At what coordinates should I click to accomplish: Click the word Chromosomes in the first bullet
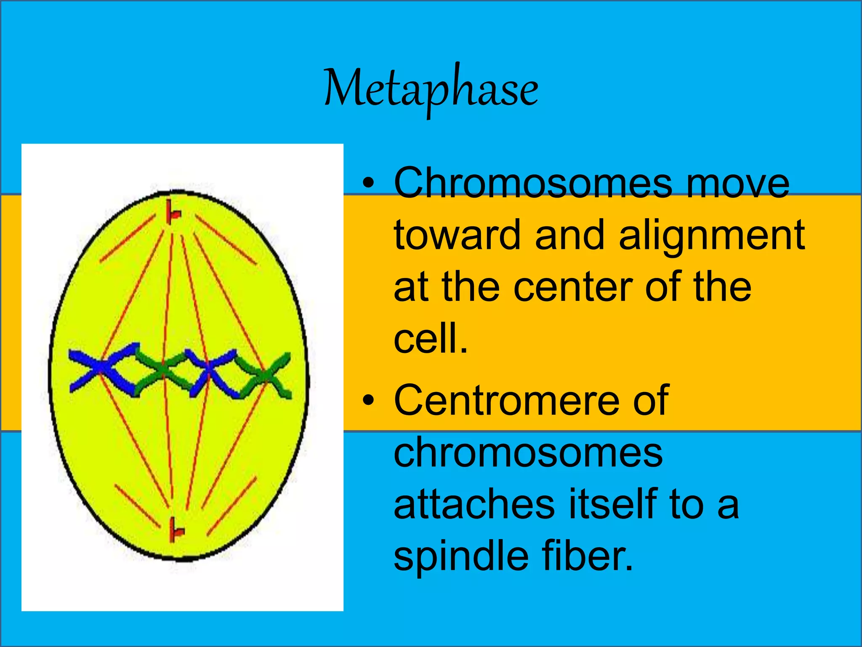coord(533,183)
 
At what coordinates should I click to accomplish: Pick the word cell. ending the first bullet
coord(430,339)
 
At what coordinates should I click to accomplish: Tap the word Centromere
coord(509,400)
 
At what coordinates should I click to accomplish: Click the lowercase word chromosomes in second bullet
coord(528,453)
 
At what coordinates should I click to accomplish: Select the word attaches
coord(474,504)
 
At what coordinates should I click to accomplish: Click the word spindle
coord(460,557)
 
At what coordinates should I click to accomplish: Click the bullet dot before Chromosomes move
coord(368,184)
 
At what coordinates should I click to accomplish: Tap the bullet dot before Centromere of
coord(368,401)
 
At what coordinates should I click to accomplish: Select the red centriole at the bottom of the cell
coord(175,530)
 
